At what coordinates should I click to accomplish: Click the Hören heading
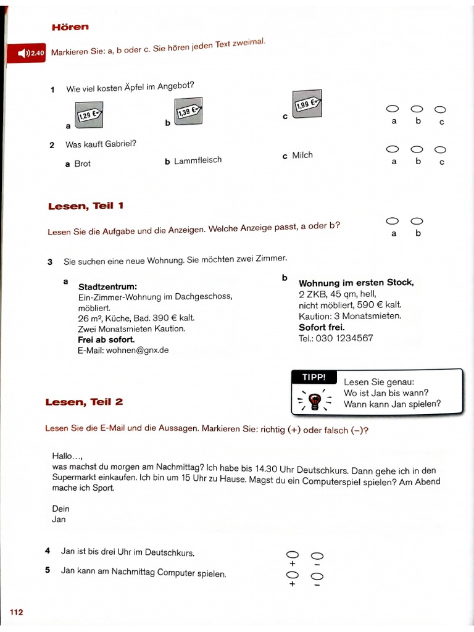(70, 27)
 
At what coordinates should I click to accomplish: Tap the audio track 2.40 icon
(27, 54)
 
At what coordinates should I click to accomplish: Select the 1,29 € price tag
(89, 115)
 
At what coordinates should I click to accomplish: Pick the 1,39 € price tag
(188, 112)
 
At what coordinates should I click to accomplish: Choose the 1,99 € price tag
(306, 104)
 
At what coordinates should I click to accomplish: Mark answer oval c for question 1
(440, 109)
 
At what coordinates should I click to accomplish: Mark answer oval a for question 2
(392, 149)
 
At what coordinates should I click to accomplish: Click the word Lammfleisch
(197, 160)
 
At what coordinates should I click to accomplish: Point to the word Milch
(302, 156)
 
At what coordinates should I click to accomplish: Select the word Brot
(82, 164)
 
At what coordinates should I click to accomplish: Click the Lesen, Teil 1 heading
(86, 206)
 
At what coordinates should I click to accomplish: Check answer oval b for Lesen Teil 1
(417, 221)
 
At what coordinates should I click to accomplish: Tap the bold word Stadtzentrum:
(107, 286)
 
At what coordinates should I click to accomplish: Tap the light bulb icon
(315, 400)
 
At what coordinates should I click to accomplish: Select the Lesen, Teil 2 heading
(84, 402)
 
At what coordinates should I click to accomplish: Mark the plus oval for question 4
(292, 554)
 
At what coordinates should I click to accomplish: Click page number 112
(16, 612)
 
